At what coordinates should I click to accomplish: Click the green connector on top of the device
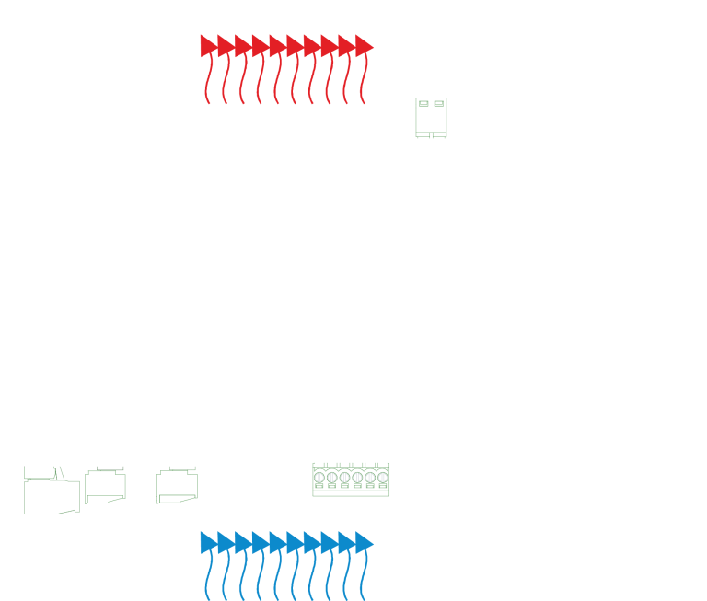(431, 118)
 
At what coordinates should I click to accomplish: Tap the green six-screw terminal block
(351, 479)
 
